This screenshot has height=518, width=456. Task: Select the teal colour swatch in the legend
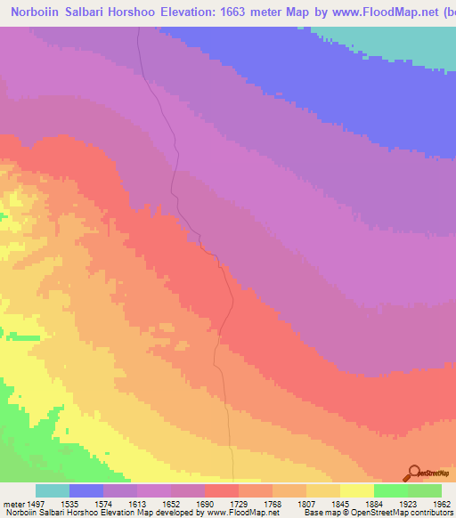pyautogui.click(x=53, y=490)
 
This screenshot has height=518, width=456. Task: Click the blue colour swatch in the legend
pyautogui.click(x=86, y=490)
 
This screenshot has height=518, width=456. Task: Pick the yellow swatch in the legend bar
pyautogui.click(x=356, y=490)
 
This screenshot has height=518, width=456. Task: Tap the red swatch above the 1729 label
pyautogui.click(x=222, y=490)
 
